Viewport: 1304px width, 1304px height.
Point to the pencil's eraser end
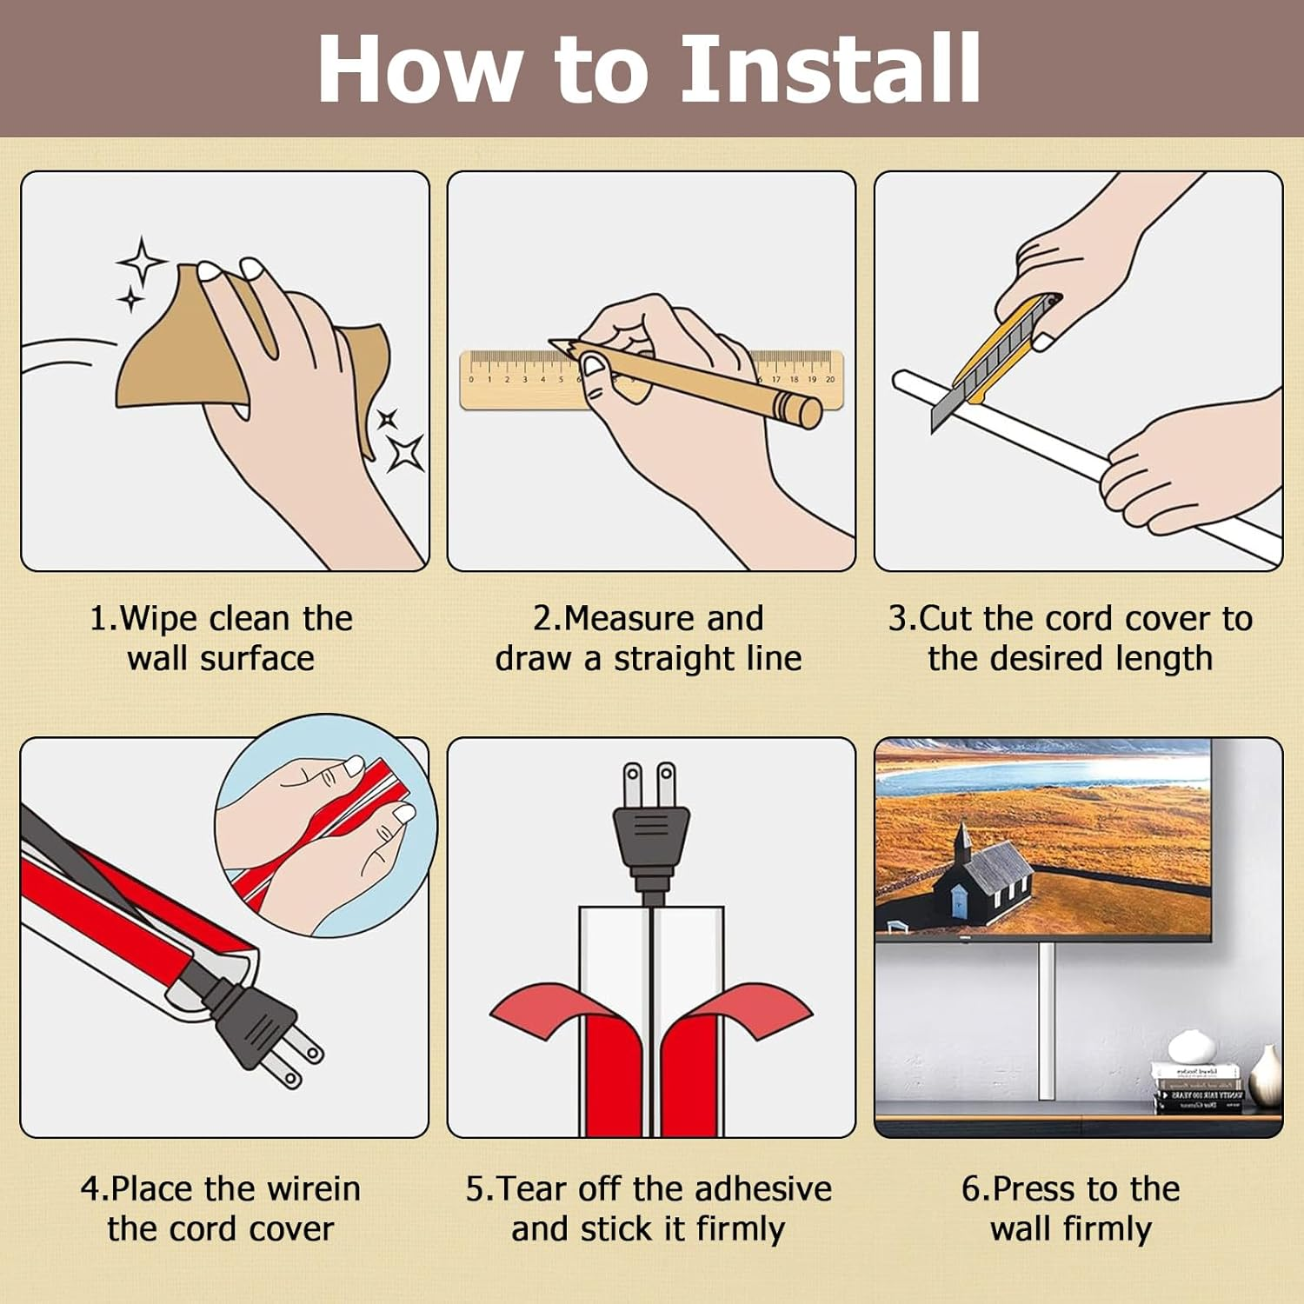click(808, 412)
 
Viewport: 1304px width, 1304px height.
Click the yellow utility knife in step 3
click(1000, 356)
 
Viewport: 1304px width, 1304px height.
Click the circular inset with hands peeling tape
click(326, 826)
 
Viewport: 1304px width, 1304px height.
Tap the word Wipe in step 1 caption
click(159, 619)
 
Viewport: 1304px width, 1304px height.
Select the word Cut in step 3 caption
click(945, 619)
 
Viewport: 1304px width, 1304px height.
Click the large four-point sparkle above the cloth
click(142, 261)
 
